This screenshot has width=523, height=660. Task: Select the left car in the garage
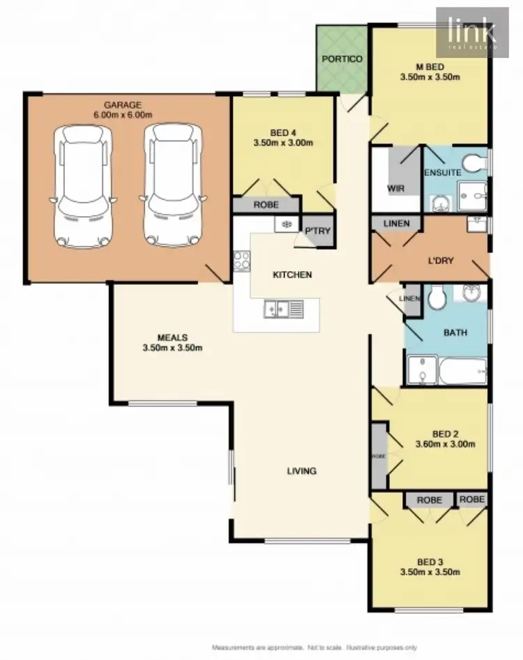[x=83, y=185]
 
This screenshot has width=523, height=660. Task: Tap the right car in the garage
[x=173, y=185]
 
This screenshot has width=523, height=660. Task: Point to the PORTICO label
[x=342, y=59]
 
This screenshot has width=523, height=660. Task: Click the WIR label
[x=395, y=189]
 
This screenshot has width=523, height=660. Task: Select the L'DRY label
[x=441, y=261]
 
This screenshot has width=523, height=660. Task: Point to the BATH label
[x=455, y=332]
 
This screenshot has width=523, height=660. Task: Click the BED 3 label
[x=429, y=562]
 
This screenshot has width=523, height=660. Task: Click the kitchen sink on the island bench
[x=283, y=308]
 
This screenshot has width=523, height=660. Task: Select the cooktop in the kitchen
[x=242, y=261]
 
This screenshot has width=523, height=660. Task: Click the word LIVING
[x=302, y=471]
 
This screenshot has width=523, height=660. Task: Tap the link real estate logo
[x=472, y=31]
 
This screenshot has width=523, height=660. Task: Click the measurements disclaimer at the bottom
[x=315, y=647]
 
